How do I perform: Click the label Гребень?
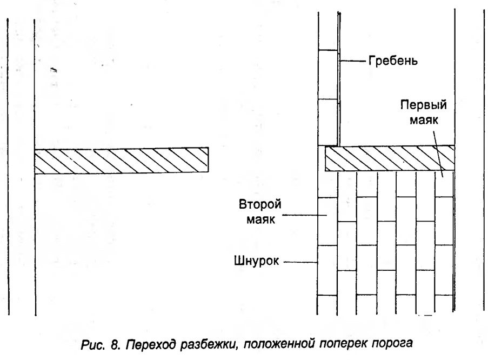[393, 61]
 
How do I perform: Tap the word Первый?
[424, 105]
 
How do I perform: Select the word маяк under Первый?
[424, 120]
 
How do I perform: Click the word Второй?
[260, 205]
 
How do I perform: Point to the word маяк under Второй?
[261, 219]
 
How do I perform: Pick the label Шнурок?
[257, 261]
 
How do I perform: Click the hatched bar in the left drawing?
[122, 160]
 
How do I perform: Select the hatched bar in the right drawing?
[390, 158]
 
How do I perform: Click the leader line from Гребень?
[352, 61]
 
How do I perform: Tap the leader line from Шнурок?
[300, 262]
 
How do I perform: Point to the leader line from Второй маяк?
[305, 215]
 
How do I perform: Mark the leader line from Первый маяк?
[438, 154]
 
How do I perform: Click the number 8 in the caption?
[115, 345]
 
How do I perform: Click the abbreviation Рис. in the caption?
[92, 345]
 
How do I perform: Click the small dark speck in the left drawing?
[54, 70]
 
